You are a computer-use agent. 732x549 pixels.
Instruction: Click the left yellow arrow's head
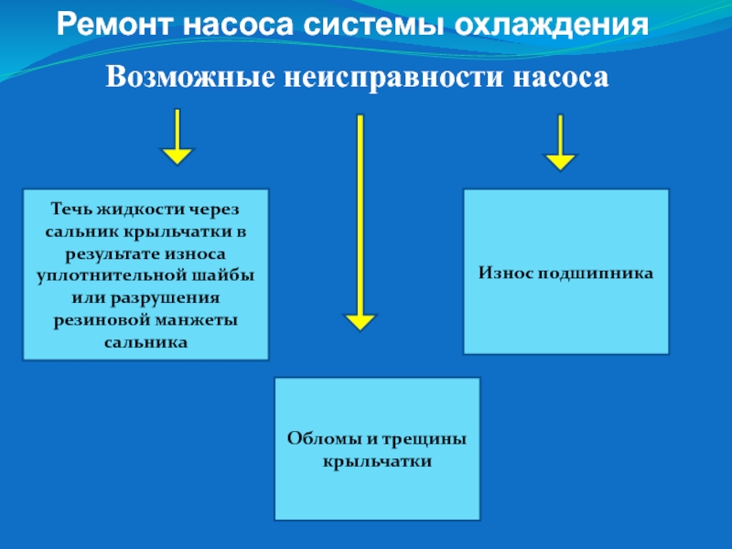click(177, 155)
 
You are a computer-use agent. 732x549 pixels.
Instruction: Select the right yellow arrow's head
click(560, 161)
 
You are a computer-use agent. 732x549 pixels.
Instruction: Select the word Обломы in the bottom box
click(319, 439)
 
